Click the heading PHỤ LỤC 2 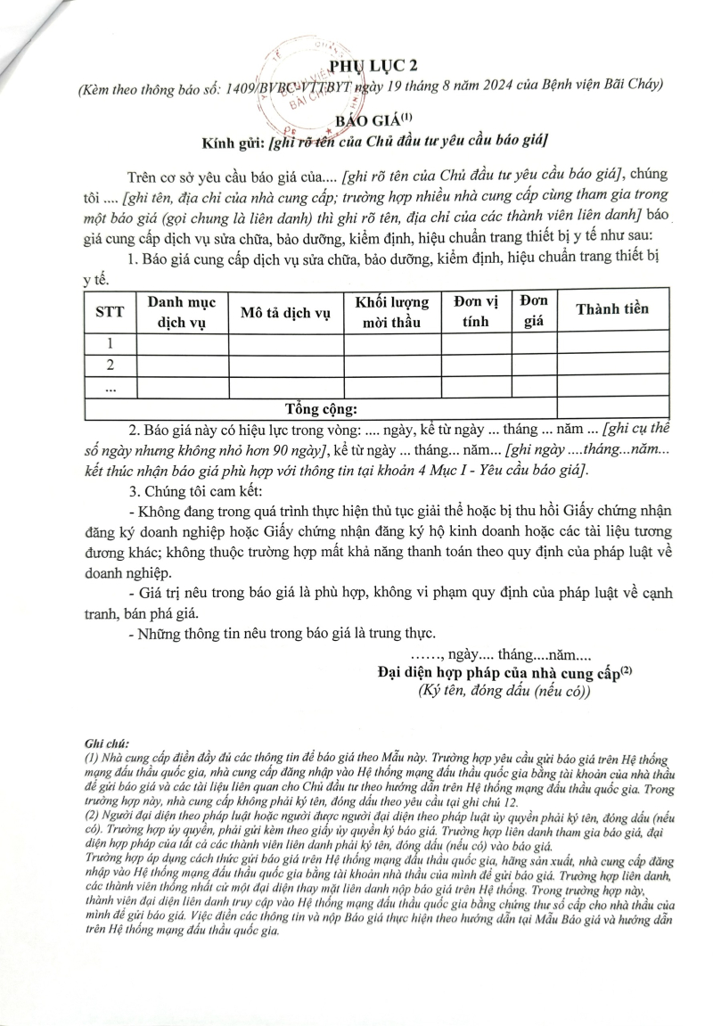pos(373,64)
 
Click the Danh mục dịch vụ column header pos(182,312)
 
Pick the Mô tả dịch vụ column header pos(286,312)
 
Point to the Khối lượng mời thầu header pos(392,312)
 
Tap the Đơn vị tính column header pos(476,312)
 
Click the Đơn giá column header pos(534,312)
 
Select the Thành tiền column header pos(612,309)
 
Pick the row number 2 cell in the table pos(110,365)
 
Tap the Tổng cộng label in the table pos(321,409)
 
